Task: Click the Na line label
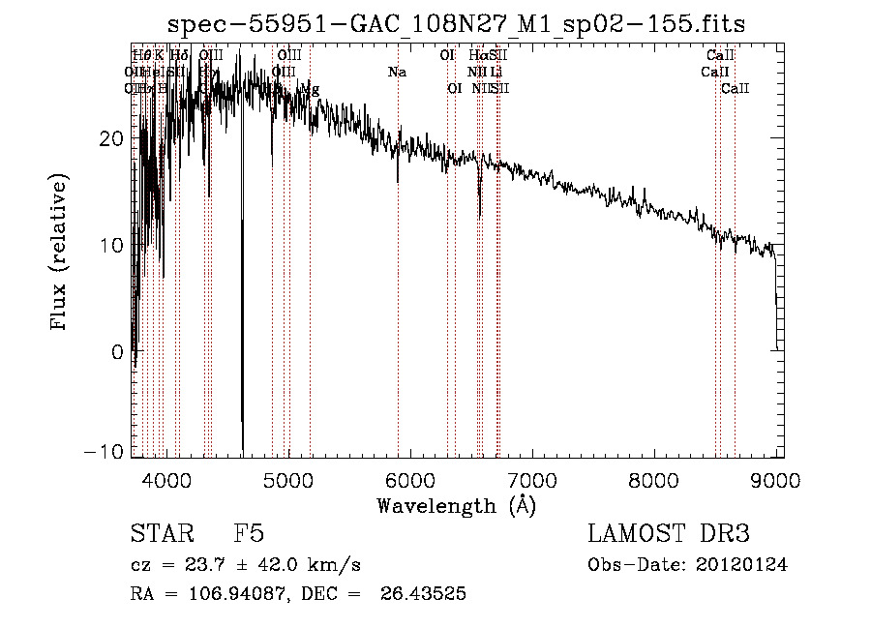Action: tap(397, 72)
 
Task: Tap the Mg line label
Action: tap(310, 89)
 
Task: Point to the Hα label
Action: tap(477, 55)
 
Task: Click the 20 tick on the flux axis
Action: tap(113, 138)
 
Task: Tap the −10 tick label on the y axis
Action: tap(106, 452)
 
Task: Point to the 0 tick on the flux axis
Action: tap(119, 352)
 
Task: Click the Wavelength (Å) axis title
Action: tap(456, 505)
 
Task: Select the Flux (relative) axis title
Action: tap(60, 254)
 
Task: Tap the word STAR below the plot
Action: tap(162, 534)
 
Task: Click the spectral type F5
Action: tap(249, 534)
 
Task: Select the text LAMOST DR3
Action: tap(669, 534)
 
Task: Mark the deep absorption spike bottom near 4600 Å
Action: tap(242, 447)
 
